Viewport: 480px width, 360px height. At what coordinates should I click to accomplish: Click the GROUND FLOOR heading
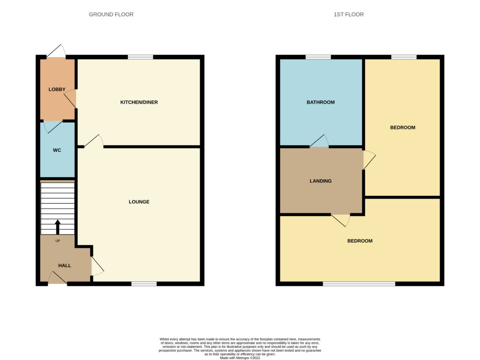point(111,15)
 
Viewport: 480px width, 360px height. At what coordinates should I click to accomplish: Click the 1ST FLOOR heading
point(349,15)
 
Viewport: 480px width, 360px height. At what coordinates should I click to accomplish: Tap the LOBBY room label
point(57,90)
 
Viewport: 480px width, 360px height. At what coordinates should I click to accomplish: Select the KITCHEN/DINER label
point(139,102)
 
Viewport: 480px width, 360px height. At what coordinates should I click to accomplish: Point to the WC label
point(57,150)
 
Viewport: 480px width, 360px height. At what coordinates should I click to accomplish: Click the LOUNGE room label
point(139,202)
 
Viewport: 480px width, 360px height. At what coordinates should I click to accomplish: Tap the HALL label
point(65,266)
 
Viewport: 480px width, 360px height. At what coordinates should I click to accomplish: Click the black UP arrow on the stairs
point(58,227)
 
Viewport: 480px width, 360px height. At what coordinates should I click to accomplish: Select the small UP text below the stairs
point(58,241)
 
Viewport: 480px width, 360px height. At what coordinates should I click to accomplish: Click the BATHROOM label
point(321,102)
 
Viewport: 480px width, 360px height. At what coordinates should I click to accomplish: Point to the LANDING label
point(321,181)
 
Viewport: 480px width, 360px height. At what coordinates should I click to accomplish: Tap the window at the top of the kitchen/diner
point(140,57)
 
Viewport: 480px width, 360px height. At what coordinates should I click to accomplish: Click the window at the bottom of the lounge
point(144,284)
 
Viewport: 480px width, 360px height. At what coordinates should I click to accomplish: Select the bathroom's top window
point(318,57)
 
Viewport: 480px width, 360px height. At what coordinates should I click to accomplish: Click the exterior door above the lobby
point(56,51)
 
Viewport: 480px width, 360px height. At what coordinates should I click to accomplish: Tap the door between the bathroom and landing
point(319,141)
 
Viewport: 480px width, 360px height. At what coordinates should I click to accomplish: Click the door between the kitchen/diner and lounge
point(94,141)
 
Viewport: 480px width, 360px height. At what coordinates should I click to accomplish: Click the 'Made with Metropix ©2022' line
point(240,358)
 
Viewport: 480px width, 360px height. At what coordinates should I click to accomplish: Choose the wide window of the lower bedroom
point(359,284)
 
